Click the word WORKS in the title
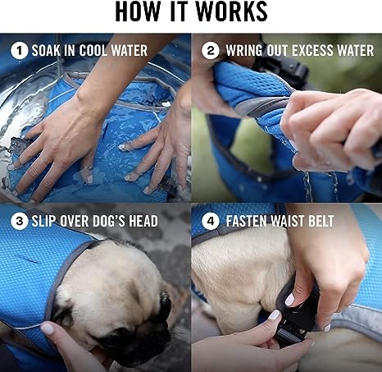pos(231,11)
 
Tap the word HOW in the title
pos(137,11)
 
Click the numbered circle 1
pos(19,51)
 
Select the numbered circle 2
pos(211,51)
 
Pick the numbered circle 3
pos(19,221)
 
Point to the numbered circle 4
pos(211,221)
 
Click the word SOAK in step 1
pos(46,51)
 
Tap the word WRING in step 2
pos(243,51)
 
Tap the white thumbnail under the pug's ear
pos(47,328)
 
